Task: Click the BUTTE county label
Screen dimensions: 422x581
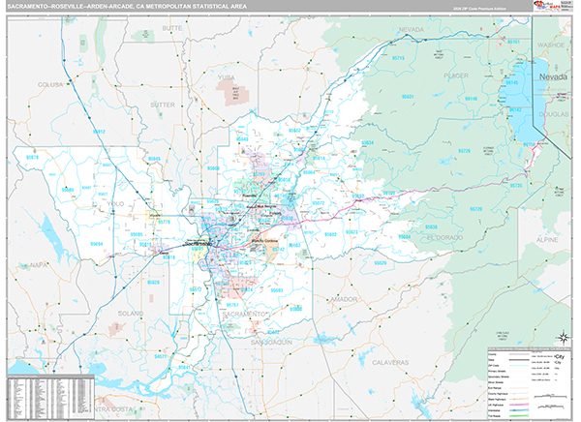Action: point(172,29)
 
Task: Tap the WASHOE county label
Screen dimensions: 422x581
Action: point(551,44)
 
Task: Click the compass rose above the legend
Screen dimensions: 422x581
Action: point(561,337)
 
